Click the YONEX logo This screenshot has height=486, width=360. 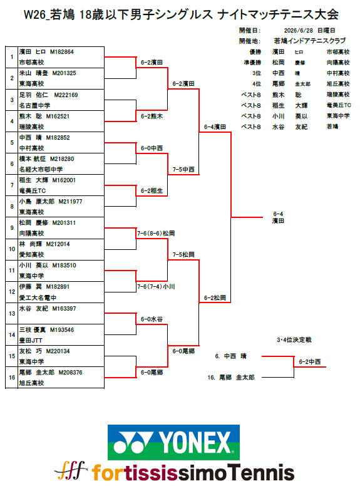(x=173, y=442)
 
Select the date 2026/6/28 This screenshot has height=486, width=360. (x=299, y=30)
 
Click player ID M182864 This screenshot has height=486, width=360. (x=61, y=52)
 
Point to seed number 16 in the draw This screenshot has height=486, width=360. (x=12, y=378)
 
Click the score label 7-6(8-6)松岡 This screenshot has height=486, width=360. (x=156, y=233)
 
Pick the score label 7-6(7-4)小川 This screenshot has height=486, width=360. (x=156, y=286)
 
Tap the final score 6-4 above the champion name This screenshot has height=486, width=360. (x=278, y=214)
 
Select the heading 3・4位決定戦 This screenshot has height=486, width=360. (x=294, y=339)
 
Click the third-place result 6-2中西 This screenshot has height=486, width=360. (x=310, y=362)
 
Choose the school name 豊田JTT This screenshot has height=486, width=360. (x=31, y=340)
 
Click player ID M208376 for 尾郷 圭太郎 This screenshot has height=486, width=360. (x=70, y=372)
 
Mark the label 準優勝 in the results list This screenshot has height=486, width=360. (x=252, y=63)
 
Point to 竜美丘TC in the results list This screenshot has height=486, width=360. (x=339, y=105)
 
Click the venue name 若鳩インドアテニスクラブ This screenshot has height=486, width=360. (x=309, y=41)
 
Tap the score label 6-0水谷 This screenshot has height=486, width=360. (x=152, y=319)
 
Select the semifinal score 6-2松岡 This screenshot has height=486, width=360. (x=215, y=298)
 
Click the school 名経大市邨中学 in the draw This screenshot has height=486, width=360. (x=41, y=169)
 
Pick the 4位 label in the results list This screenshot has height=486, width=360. (x=256, y=84)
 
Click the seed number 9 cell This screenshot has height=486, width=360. (x=12, y=228)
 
